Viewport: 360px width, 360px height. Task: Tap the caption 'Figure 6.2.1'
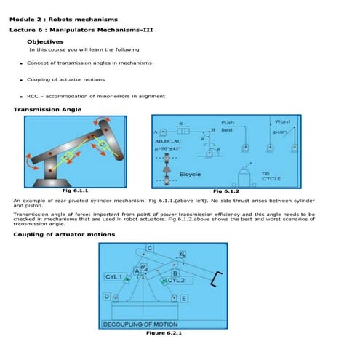(164, 333)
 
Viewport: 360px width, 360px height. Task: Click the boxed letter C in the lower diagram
(150, 248)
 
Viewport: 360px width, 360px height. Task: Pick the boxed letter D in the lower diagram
(107, 297)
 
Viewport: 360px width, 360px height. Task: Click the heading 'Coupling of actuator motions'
(64, 235)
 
